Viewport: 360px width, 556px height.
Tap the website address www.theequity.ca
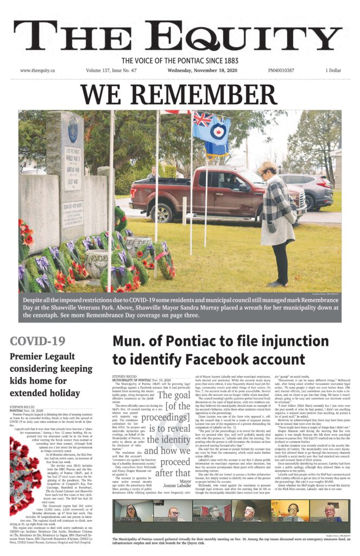click(x=39, y=71)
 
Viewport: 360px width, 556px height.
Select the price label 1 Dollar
click(x=333, y=71)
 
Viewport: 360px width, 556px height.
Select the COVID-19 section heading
click(x=38, y=342)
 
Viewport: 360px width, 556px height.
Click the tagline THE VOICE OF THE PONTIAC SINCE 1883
click(x=180, y=61)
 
